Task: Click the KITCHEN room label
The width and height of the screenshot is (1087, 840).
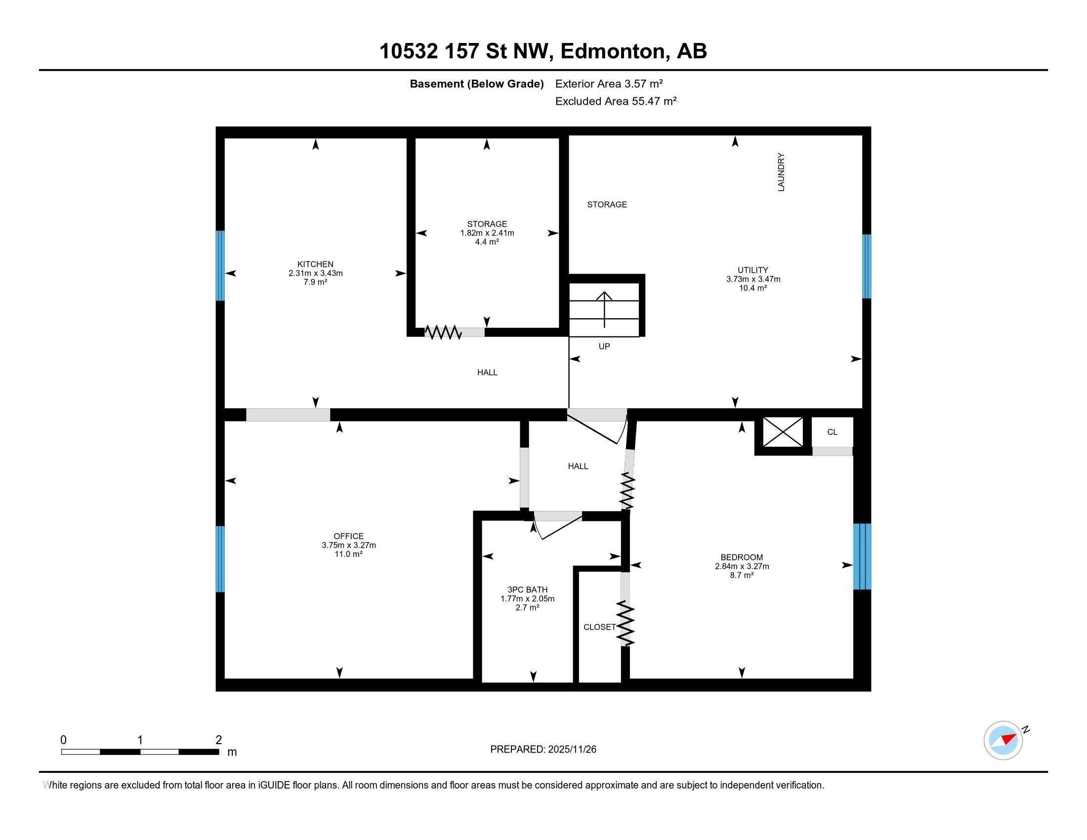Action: coord(315,264)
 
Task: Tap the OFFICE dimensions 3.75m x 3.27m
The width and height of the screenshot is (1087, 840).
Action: coord(348,545)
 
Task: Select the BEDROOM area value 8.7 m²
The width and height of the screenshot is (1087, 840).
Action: coord(742,575)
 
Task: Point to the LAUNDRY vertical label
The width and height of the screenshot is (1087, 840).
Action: coord(781,172)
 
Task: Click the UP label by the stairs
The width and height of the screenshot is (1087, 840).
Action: coord(604,346)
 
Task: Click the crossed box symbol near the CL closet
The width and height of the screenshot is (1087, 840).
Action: coord(783,432)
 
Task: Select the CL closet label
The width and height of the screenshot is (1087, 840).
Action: coord(832,432)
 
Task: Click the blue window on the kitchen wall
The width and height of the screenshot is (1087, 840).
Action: coord(220,266)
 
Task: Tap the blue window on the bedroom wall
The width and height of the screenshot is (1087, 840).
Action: coord(862,556)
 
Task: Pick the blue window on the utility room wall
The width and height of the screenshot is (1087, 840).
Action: coord(867,266)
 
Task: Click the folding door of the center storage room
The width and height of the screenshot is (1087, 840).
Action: coord(443,333)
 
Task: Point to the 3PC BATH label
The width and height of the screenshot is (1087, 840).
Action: coord(527,589)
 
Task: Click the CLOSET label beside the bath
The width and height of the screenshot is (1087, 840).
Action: coord(599,627)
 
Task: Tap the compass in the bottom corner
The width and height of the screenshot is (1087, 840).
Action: coord(1003,740)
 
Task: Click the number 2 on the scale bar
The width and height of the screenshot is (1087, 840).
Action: coord(218,740)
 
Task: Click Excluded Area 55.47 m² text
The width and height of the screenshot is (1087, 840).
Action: coord(615,101)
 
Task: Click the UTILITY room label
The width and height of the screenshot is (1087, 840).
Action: coord(753,270)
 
